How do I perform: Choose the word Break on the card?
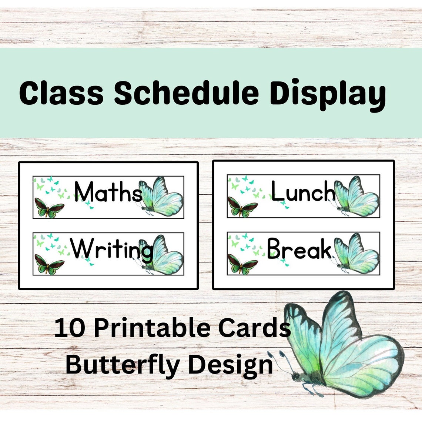point(299,249)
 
